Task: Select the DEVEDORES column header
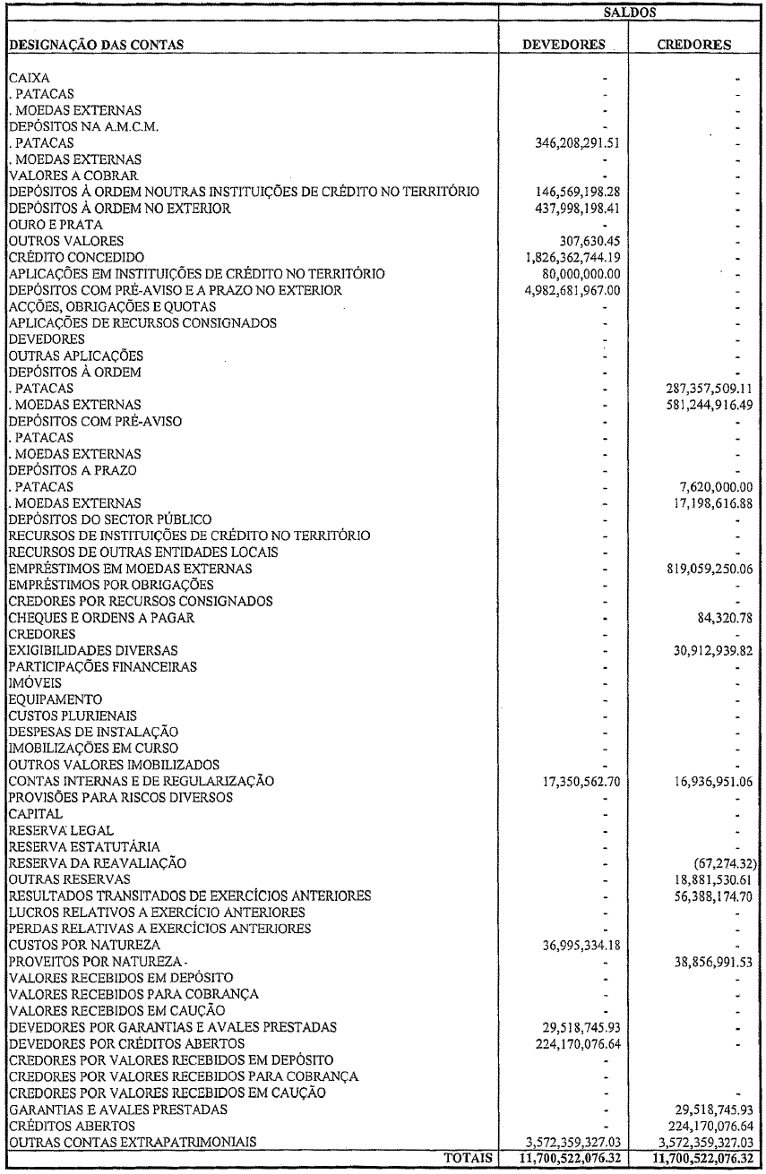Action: click(564, 44)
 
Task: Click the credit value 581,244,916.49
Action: click(703, 405)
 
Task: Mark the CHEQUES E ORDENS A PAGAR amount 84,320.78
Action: click(719, 617)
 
